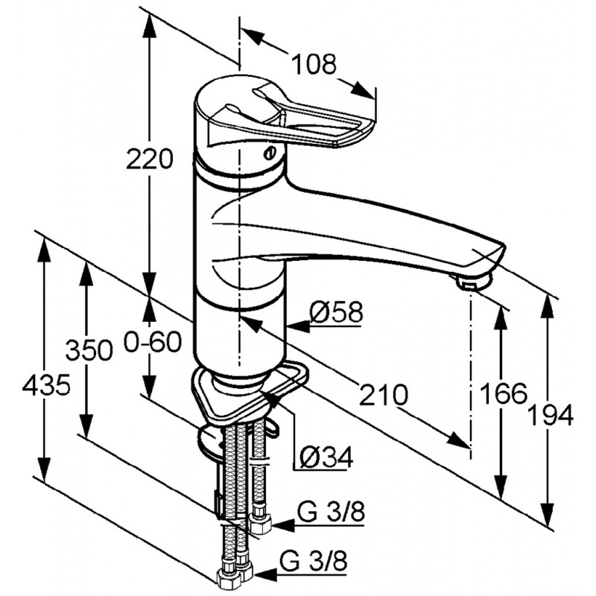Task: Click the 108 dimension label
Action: [x=314, y=64]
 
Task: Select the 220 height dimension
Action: [x=150, y=159]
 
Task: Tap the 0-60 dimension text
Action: [x=153, y=342]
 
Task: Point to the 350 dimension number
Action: [x=89, y=350]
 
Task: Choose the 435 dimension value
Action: [x=46, y=384]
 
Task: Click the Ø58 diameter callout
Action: [x=337, y=312]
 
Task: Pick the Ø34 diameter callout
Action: [x=326, y=457]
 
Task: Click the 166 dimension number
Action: [x=504, y=393]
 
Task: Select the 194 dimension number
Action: [x=551, y=415]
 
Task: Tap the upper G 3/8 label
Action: [x=331, y=512]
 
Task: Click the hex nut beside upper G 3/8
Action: [x=260, y=524]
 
